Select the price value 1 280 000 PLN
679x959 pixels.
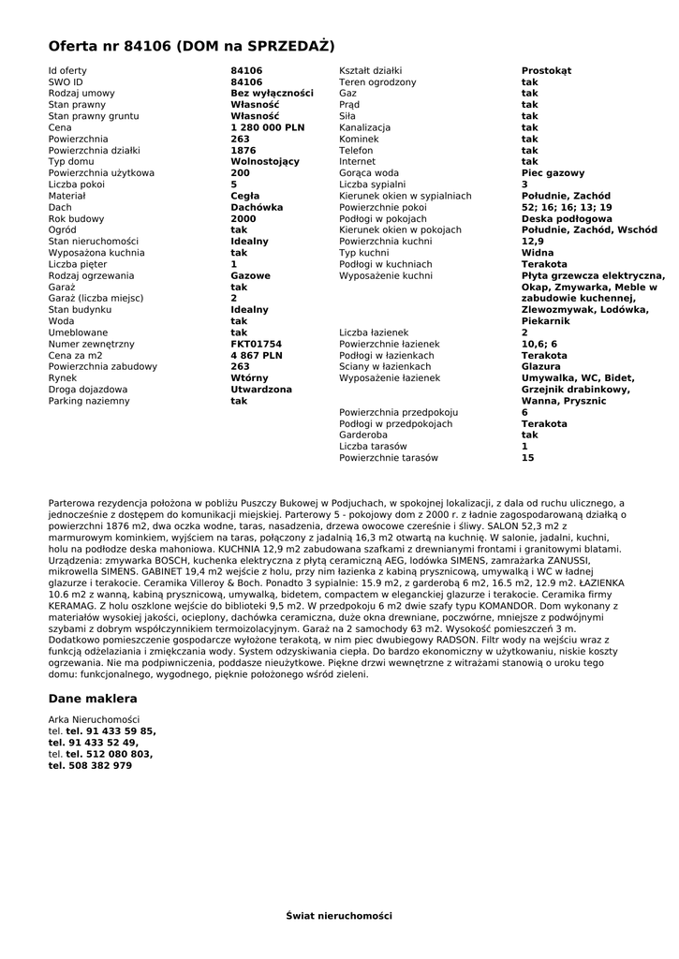(267, 127)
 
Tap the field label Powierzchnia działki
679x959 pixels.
(94, 150)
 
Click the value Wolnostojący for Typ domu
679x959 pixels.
(265, 161)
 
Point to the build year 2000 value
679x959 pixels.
(243, 218)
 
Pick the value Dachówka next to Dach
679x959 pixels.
(257, 207)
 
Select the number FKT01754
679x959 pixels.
(256, 344)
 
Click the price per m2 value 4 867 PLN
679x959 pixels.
(256, 356)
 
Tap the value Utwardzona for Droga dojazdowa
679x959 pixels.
(261, 390)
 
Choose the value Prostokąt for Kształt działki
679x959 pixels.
(546, 70)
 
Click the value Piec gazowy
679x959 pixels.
(553, 173)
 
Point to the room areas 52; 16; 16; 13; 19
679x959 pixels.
(567, 207)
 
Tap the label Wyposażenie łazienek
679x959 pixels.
(389, 378)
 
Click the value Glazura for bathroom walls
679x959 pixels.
(541, 367)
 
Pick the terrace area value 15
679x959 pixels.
(527, 458)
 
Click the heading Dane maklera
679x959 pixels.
(93, 699)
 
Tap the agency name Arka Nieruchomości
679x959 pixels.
(94, 719)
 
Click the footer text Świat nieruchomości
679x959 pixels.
(339, 915)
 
